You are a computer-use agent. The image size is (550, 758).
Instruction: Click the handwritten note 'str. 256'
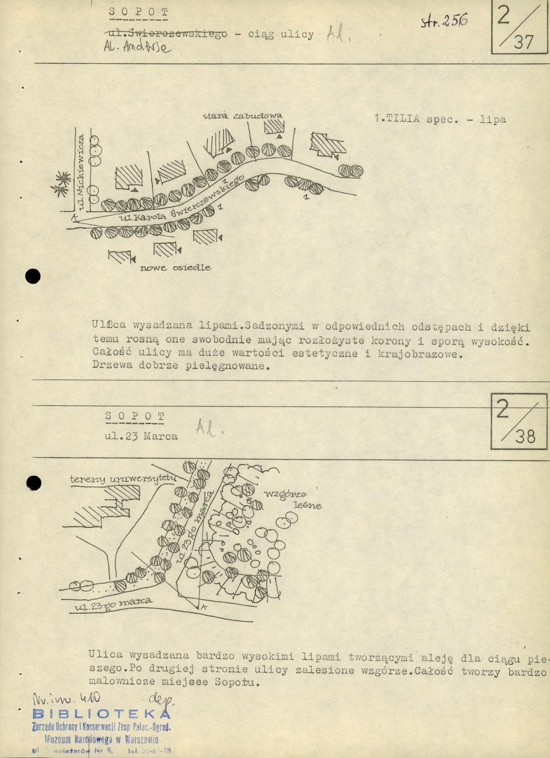[444, 21]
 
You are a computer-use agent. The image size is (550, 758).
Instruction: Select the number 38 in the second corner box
[524, 436]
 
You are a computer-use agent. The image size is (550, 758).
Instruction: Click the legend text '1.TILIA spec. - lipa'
[440, 119]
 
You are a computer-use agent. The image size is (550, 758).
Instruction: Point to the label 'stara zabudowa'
[242, 116]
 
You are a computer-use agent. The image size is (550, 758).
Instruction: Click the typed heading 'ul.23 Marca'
[142, 436]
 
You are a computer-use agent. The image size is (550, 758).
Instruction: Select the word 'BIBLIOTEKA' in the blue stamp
[97, 714]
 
